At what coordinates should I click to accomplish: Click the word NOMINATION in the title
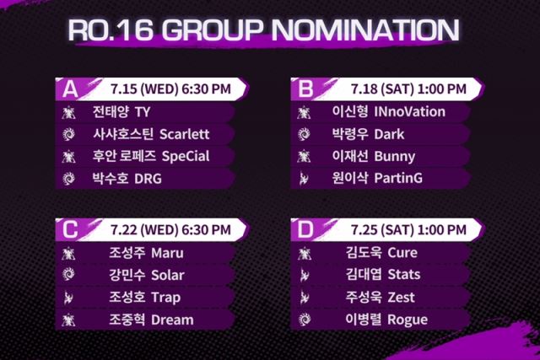coord(365,30)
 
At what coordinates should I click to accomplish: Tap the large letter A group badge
coord(70,89)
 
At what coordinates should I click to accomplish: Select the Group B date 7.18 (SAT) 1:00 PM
coord(408,89)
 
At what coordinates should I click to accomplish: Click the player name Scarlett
coord(184,134)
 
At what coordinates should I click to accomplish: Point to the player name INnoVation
coord(409,112)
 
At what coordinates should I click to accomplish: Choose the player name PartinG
coord(398,178)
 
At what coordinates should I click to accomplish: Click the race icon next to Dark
coord(304,134)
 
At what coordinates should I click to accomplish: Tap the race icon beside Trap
coord(68,298)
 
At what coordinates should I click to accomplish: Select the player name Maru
coord(167,253)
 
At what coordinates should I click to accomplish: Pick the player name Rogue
coord(408,320)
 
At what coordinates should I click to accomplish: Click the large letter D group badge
coord(305,229)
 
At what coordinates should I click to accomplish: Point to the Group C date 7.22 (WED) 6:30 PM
coord(170,230)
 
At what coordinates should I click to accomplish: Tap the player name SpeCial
coord(186,156)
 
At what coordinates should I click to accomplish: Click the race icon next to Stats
coord(304,276)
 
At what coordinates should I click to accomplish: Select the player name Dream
coord(172,320)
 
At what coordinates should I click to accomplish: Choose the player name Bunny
coord(395,157)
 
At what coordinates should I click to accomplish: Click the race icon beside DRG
coord(68,179)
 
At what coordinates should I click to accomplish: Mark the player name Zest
coord(401,298)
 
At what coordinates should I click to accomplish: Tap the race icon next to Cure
coord(304,254)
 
